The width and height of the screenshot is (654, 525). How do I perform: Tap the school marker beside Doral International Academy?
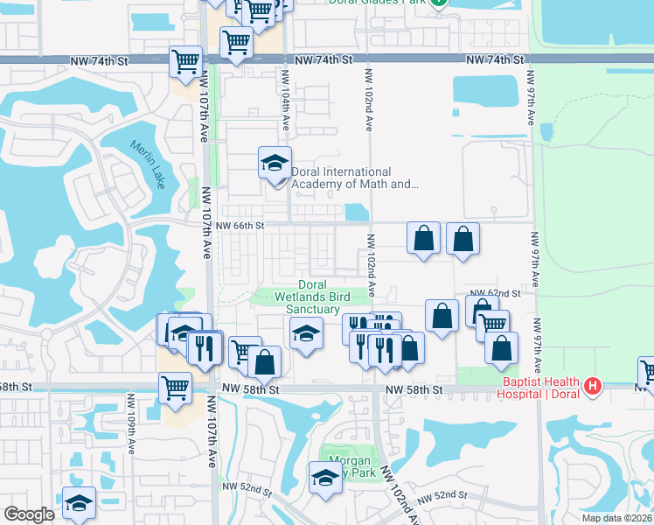[x=275, y=164]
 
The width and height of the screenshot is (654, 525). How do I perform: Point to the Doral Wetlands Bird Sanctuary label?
[x=306, y=297]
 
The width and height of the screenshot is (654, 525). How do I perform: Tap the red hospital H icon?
[x=594, y=384]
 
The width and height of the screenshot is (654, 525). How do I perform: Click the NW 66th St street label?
[x=240, y=226]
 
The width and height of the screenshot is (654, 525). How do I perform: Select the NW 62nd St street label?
[x=495, y=293]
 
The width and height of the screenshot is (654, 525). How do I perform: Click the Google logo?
[x=29, y=514]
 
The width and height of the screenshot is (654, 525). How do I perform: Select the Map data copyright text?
[x=617, y=518]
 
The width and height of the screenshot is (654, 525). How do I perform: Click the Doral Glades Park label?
[x=378, y=3]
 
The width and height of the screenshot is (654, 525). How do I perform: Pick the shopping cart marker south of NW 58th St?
[x=175, y=388]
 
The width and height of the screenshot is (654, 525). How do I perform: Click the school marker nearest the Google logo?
[x=79, y=502]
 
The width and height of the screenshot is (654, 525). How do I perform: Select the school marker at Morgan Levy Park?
[x=324, y=478]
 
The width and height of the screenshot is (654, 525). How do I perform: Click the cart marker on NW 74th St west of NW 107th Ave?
[x=185, y=61]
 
